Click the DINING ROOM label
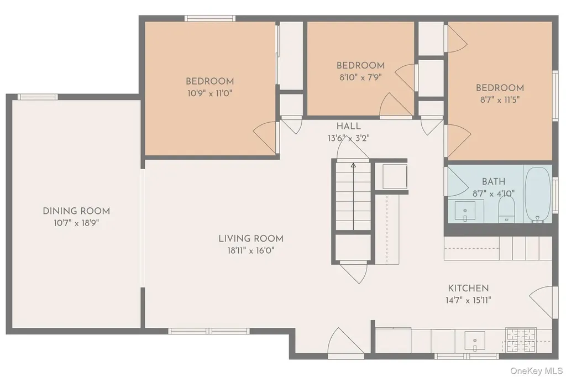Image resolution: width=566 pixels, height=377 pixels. (x=76, y=211)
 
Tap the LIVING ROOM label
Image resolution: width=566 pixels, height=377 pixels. (x=251, y=238)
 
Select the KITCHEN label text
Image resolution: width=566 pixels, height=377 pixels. (x=468, y=288)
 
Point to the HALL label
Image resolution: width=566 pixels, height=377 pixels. (x=348, y=126)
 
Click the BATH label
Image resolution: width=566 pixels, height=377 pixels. (x=494, y=181)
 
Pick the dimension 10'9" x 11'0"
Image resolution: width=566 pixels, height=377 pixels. (x=209, y=93)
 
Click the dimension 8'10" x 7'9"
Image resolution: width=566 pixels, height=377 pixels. (x=360, y=77)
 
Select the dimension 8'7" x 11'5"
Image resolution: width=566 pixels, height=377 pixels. (x=500, y=100)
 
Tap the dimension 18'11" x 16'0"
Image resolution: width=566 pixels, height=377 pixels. (x=251, y=250)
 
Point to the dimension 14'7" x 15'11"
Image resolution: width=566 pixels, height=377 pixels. (x=468, y=300)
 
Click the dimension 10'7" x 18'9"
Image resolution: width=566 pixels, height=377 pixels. (x=76, y=223)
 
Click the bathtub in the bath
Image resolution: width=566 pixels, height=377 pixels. (x=537, y=194)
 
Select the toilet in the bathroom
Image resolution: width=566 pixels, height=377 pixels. (x=506, y=210)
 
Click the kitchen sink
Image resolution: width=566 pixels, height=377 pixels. (x=475, y=341)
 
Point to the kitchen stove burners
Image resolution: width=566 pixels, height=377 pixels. (x=521, y=340)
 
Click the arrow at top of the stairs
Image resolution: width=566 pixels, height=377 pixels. (x=353, y=165)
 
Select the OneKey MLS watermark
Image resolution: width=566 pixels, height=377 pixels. (x=536, y=370)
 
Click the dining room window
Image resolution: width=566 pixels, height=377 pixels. (x=38, y=97)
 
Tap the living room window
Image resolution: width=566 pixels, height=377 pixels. (x=209, y=331)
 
